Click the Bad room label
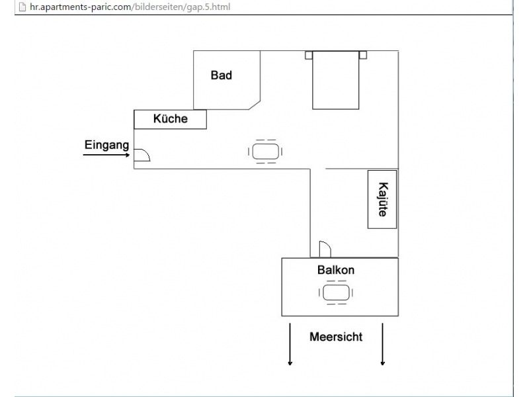(x=222, y=75)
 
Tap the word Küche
(x=171, y=118)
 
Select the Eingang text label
(x=106, y=145)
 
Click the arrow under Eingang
(x=106, y=155)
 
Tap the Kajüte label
(x=383, y=200)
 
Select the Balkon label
(x=336, y=270)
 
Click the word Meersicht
(x=336, y=337)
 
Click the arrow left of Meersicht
(x=290, y=344)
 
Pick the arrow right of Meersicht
(x=383, y=344)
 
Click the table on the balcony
(x=336, y=292)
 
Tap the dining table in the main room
(x=266, y=152)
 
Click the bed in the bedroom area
(x=336, y=80)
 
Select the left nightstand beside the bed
(x=309, y=55)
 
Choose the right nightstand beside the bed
(x=363, y=55)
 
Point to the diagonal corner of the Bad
(x=255, y=105)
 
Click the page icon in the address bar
(x=22, y=7)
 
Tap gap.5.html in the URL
(x=208, y=7)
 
